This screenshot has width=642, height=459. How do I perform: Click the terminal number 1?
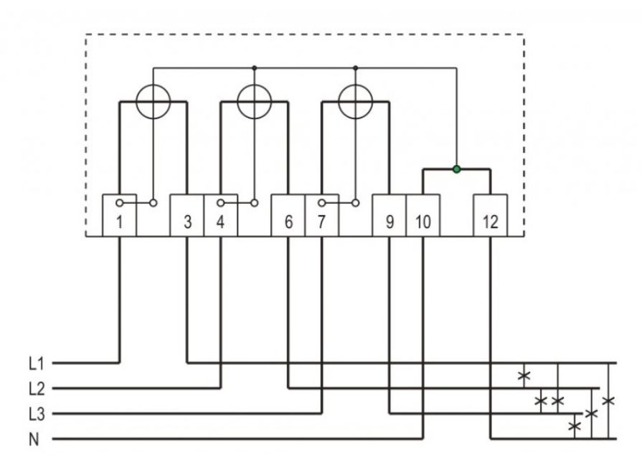(x=119, y=222)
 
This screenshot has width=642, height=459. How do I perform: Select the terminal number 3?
(x=187, y=222)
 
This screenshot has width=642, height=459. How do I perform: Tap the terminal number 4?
(x=220, y=222)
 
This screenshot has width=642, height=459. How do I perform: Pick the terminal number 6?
(x=288, y=222)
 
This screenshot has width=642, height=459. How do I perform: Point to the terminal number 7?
(x=321, y=222)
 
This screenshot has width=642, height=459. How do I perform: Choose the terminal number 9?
(x=390, y=222)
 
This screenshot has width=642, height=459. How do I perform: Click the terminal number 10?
(x=423, y=222)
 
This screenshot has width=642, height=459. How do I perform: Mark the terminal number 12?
(x=490, y=222)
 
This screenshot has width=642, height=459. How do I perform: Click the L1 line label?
(x=36, y=363)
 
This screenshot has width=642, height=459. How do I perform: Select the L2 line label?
(x=37, y=389)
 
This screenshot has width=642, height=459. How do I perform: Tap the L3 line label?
(x=37, y=414)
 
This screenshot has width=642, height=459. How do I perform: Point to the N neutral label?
(x=34, y=440)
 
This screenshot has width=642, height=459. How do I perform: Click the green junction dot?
(x=456, y=169)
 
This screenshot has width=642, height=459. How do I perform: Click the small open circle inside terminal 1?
(x=119, y=203)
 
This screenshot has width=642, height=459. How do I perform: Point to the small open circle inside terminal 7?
(x=321, y=203)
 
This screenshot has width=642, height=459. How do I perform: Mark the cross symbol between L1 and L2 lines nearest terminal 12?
(x=524, y=375)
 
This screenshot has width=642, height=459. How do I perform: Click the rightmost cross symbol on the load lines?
(x=608, y=400)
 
